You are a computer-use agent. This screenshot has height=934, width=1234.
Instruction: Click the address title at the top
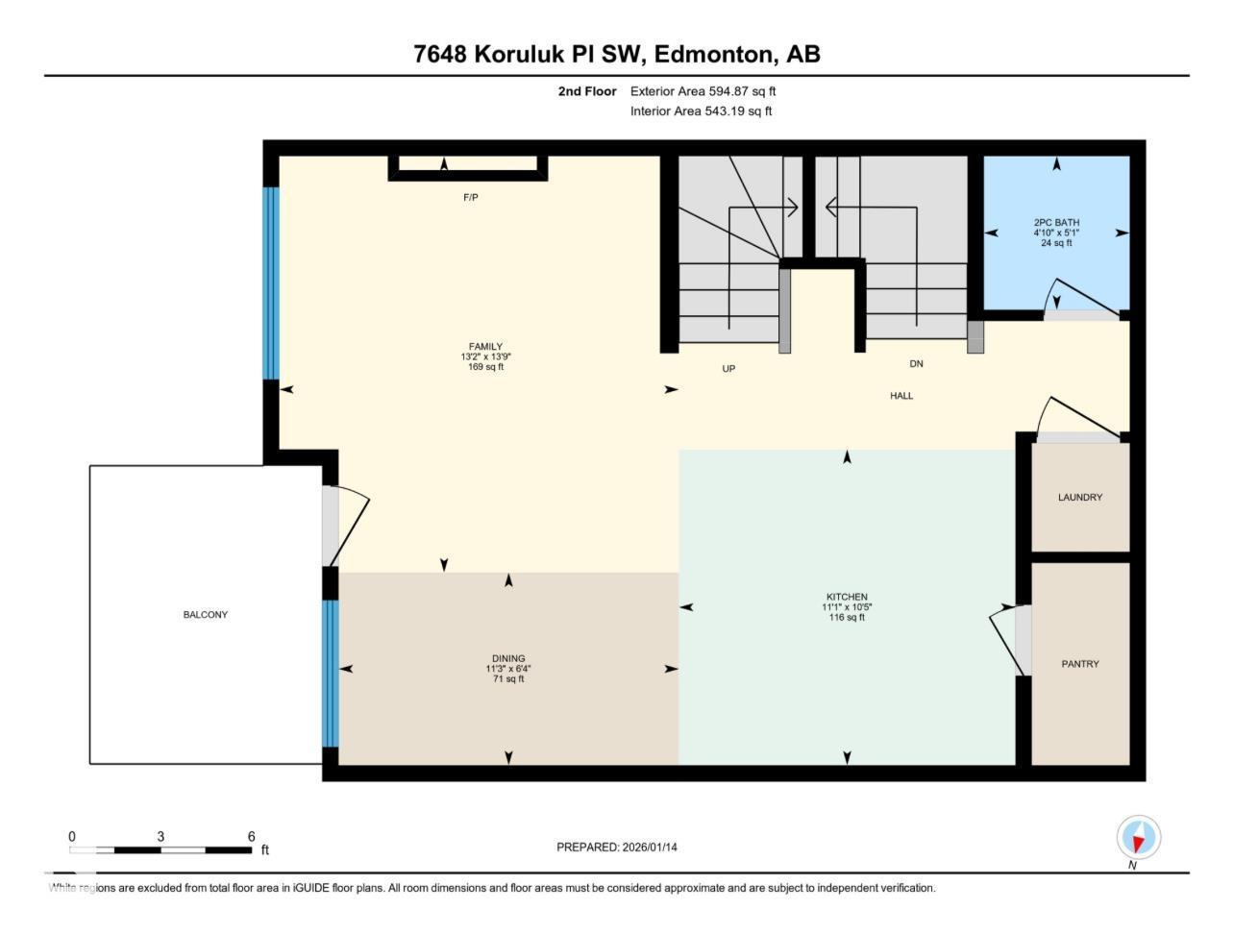point(616,54)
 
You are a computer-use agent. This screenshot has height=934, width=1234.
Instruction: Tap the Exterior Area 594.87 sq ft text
point(703,91)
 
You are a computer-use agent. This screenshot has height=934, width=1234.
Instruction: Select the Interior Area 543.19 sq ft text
point(701,111)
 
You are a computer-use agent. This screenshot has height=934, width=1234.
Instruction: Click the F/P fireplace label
point(470,198)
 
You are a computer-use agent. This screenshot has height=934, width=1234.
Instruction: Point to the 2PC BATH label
point(1056,223)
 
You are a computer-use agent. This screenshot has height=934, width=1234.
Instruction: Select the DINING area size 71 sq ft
point(507,679)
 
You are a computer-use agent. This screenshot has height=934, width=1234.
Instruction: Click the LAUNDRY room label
point(1080,498)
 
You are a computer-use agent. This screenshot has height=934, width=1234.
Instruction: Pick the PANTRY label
point(1080,664)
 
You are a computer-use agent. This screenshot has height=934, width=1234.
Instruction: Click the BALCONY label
point(206,615)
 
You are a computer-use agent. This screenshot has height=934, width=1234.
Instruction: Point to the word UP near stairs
point(728,369)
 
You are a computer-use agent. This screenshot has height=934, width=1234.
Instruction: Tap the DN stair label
point(916,364)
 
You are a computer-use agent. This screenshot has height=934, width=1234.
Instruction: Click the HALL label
point(901,396)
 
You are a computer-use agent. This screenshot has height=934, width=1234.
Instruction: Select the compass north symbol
point(1138,838)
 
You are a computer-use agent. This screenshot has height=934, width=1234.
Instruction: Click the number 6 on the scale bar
point(251,837)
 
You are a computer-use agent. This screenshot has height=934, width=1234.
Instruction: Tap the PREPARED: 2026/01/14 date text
point(623,848)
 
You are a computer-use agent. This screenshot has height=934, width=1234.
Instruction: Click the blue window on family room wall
point(271,283)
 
